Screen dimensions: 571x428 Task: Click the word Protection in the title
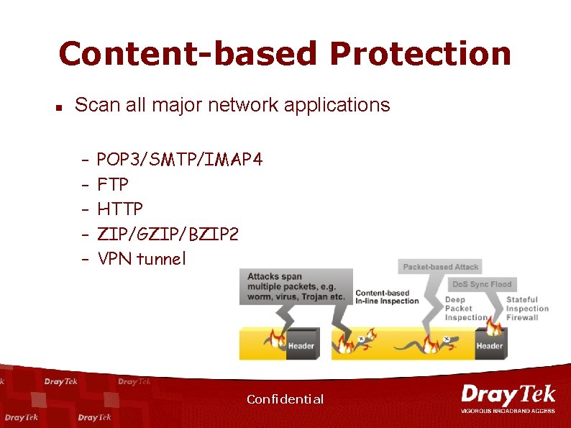click(x=420, y=54)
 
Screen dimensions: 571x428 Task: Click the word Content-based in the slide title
click(x=187, y=54)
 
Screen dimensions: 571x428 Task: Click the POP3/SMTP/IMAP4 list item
click(x=179, y=159)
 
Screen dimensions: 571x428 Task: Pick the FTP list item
click(x=112, y=184)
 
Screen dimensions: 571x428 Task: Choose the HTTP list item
click(x=119, y=209)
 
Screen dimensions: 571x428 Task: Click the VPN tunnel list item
click(x=141, y=258)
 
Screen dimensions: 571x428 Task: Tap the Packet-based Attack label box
click(x=440, y=267)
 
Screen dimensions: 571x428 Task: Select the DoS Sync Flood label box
click(x=481, y=284)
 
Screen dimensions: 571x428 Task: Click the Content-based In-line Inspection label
click(x=387, y=297)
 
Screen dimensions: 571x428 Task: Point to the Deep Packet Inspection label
click(x=465, y=309)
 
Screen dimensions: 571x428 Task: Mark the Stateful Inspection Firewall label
click(x=527, y=309)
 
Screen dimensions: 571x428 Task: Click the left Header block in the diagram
click(x=301, y=346)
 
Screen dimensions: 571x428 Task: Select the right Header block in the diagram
click(x=490, y=346)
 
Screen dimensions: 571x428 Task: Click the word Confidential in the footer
click(x=285, y=399)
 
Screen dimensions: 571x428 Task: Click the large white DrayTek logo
click(x=508, y=395)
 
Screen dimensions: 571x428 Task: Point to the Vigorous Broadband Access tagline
click(x=508, y=411)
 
